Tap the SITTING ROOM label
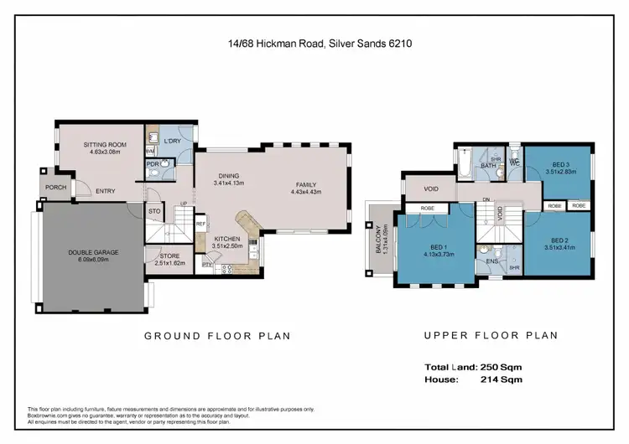[104, 145]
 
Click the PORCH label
[56, 188]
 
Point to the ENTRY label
[106, 191]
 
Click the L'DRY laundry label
[173, 141]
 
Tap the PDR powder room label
[153, 164]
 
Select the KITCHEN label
[226, 238]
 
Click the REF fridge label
[200, 224]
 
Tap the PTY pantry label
[206, 266]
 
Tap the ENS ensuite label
[492, 261]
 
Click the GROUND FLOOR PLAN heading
[217, 336]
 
